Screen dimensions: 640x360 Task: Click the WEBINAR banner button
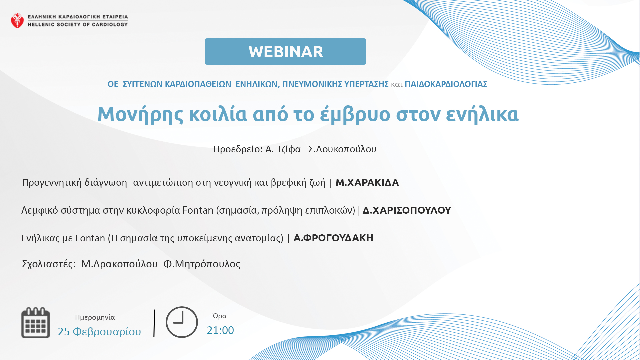(x=285, y=51)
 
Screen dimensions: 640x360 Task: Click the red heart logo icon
(x=17, y=21)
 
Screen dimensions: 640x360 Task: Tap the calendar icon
(x=36, y=323)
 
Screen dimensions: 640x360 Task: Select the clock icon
(x=182, y=322)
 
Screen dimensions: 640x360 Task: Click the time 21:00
(x=220, y=330)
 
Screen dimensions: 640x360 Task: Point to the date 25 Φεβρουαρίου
(x=99, y=332)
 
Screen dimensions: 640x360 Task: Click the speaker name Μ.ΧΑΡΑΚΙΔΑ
(x=367, y=183)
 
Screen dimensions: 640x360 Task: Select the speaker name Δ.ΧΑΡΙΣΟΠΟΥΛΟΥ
(x=407, y=210)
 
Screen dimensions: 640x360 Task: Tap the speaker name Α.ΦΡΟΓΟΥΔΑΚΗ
(x=333, y=238)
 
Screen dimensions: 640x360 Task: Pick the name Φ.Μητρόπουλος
(x=202, y=264)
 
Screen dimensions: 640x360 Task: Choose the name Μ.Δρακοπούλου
(x=119, y=264)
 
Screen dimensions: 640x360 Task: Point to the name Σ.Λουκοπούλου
(x=342, y=149)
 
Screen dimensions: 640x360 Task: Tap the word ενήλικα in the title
(x=482, y=114)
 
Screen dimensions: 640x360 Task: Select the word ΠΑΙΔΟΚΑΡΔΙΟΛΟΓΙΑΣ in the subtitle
(x=446, y=84)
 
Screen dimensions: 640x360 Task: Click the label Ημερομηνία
(x=95, y=317)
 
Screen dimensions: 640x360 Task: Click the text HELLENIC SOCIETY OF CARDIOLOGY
(x=78, y=24)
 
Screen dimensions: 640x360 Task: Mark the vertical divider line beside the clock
(x=154, y=323)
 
